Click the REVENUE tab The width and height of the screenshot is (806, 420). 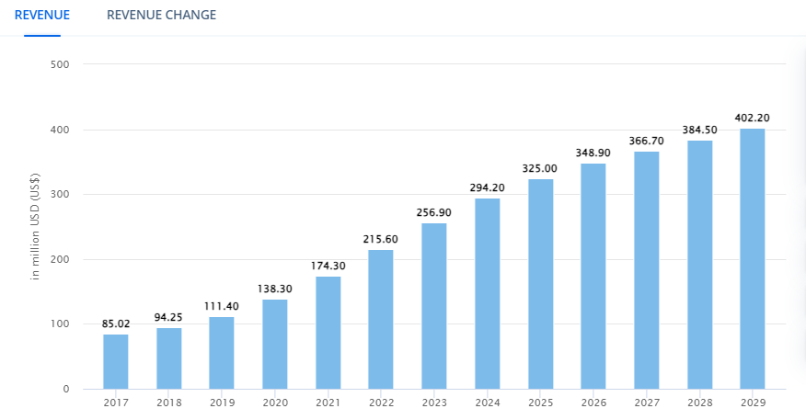tap(42, 15)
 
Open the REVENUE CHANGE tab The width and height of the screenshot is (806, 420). tap(162, 15)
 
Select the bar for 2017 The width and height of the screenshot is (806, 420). tap(116, 361)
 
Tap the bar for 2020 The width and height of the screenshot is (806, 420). tap(275, 344)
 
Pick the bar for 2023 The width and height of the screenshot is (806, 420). tap(434, 306)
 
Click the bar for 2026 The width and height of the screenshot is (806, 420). tap(593, 276)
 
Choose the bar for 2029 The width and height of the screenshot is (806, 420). tap(753, 258)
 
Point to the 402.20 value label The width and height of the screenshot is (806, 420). tap(753, 118)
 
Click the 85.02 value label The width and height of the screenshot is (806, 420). tap(116, 324)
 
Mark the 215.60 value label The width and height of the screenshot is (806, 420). tap(381, 239)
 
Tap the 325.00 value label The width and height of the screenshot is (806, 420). tap(541, 168)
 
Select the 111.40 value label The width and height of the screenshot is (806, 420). tap(222, 306)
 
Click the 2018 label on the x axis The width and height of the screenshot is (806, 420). tap(168, 403)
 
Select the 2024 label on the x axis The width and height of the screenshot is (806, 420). tap(488, 403)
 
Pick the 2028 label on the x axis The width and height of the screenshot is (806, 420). tap(699, 403)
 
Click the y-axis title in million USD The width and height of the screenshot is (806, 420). tap(36, 226)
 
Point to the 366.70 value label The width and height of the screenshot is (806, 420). tap(647, 141)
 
